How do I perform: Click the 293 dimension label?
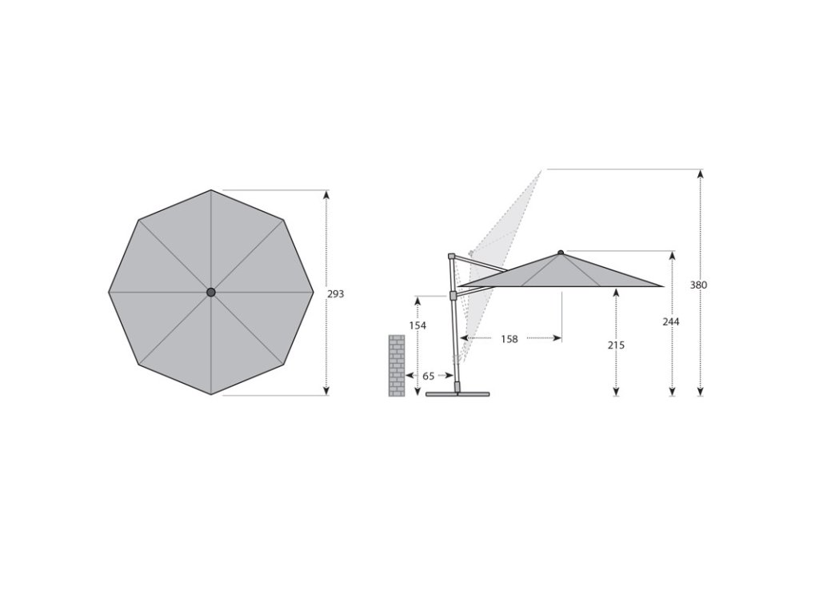coord(335,294)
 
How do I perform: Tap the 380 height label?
coord(698,285)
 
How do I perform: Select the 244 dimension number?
coord(671,322)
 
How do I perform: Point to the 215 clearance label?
coord(616,345)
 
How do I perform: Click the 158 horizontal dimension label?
coord(509,339)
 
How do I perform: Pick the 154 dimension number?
coord(417,326)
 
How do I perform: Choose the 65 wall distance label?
coord(429,376)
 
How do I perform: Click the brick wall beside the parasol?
coord(397,365)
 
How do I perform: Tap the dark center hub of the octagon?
coord(211,293)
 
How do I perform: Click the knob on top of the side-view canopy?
coord(561,253)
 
